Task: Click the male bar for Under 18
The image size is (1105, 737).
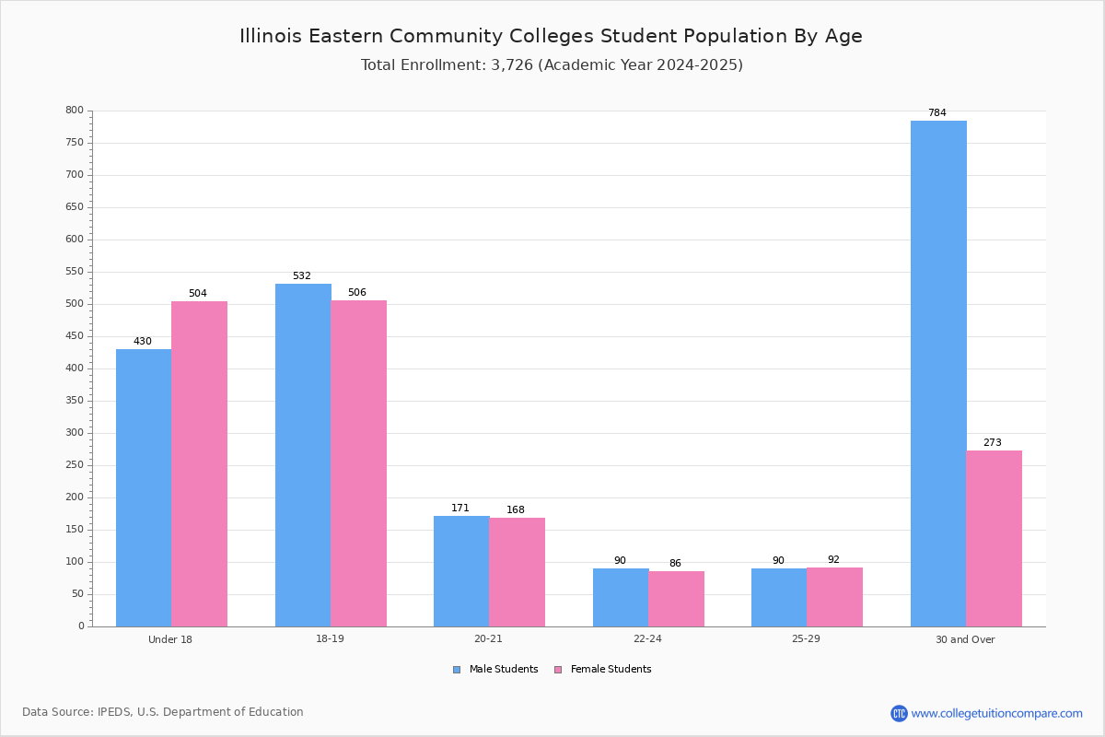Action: point(144,487)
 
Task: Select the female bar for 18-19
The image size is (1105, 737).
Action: point(358,463)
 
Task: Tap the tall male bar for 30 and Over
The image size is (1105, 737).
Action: point(938,374)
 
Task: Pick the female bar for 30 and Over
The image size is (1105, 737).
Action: point(994,539)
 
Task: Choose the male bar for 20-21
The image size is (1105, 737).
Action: point(461,571)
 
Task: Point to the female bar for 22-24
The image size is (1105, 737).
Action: point(676,599)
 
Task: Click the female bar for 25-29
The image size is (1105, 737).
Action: point(834,597)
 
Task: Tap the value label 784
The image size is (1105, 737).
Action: point(937,112)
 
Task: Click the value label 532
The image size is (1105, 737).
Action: point(302,275)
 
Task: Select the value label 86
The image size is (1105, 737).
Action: point(675,563)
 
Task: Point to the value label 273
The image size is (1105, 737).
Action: point(993,442)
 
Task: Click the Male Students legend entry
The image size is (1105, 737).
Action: point(495,669)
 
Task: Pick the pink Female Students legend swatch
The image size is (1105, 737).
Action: point(558,670)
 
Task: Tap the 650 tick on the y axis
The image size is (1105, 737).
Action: point(75,207)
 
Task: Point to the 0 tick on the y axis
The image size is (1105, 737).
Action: point(81,626)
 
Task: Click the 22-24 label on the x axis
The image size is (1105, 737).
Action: point(647,638)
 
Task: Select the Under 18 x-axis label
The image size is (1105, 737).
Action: point(170,639)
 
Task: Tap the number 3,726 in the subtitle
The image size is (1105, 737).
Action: point(512,64)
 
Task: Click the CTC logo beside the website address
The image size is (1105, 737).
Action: point(899,713)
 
